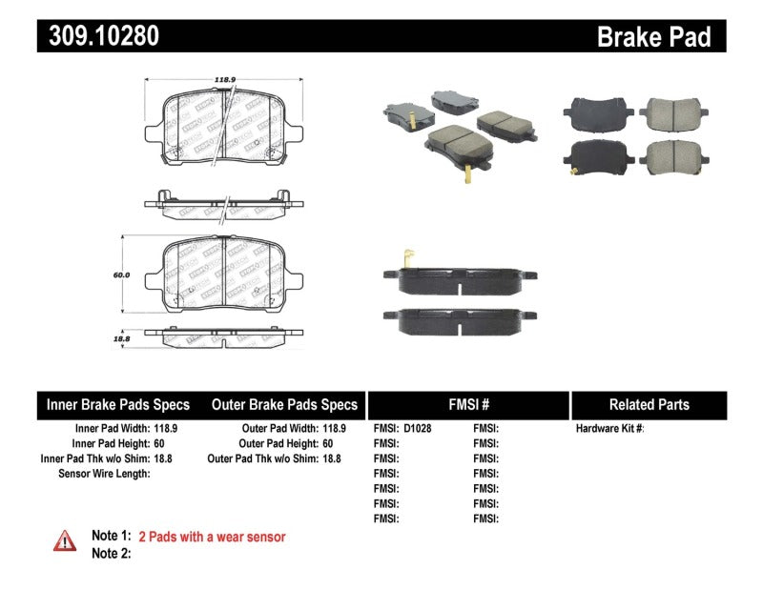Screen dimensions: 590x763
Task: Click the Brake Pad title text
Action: (x=653, y=37)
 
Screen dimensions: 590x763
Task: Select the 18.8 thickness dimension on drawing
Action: (x=121, y=337)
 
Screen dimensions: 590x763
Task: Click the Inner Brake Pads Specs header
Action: (x=118, y=405)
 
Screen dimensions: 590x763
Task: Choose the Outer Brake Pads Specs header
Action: (x=283, y=405)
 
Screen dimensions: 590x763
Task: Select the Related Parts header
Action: (x=649, y=405)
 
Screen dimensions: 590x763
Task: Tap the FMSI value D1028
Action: (x=417, y=429)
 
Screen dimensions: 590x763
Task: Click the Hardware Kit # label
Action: (x=609, y=429)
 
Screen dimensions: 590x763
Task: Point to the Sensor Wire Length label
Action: (x=104, y=473)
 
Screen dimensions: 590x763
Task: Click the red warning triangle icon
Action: (x=65, y=540)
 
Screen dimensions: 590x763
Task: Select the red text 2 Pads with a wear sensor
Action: (x=212, y=537)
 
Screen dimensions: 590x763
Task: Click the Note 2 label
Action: (x=111, y=553)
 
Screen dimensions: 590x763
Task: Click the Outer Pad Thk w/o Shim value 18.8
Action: (x=330, y=458)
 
